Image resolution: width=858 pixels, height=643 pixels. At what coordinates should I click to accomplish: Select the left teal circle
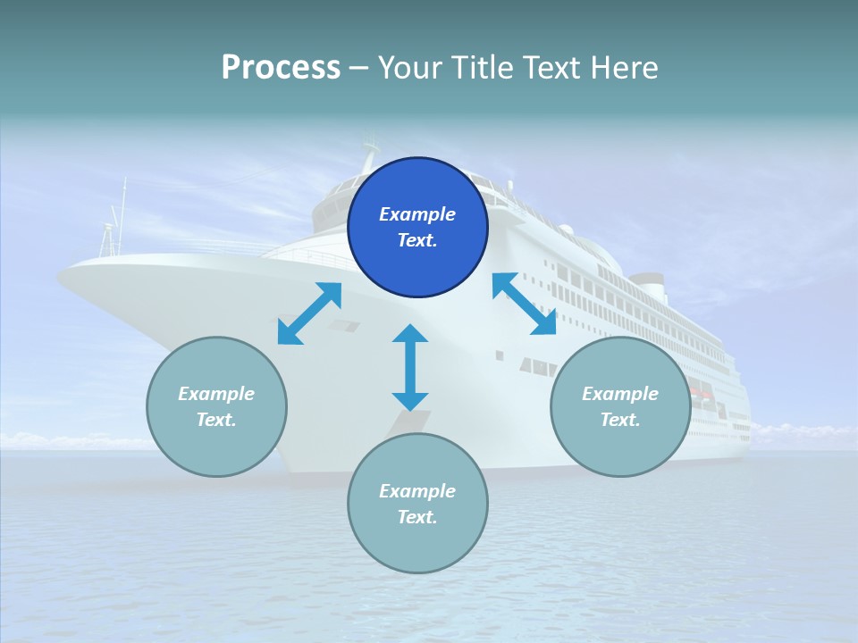[216, 406]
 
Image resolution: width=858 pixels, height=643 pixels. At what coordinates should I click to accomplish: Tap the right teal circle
[620, 406]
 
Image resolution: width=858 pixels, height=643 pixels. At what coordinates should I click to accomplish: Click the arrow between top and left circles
[309, 313]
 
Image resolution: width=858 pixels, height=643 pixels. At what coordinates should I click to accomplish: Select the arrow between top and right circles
[525, 304]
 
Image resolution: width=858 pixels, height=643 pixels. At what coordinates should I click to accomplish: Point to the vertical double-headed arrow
[410, 367]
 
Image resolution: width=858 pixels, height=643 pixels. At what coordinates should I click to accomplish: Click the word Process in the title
[281, 67]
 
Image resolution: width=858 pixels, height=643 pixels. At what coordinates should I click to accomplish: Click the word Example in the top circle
[417, 214]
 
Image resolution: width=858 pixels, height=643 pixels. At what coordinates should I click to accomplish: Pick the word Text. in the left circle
[216, 420]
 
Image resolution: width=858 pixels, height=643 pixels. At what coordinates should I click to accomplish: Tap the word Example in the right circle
[620, 394]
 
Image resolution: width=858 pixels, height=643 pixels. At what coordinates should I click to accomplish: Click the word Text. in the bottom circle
[417, 517]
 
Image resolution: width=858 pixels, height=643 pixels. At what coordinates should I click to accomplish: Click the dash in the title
[359, 68]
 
